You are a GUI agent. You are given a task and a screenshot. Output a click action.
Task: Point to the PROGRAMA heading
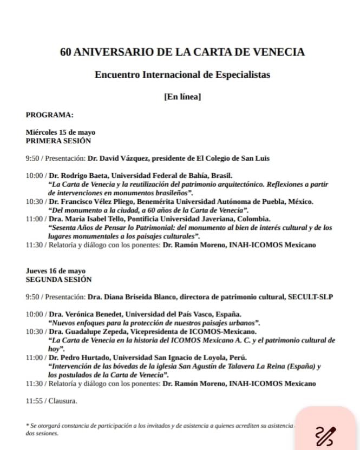(49, 115)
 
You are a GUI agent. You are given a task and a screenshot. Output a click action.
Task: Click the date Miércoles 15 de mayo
(61, 132)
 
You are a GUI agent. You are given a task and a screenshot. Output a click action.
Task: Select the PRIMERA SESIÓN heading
(58, 140)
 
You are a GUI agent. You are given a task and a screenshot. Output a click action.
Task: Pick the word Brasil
(220, 175)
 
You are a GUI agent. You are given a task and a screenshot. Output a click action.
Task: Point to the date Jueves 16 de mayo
(56, 270)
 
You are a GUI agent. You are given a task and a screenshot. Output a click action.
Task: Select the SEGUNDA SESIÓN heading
(58, 279)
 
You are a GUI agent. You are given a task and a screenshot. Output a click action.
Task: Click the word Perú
(235, 358)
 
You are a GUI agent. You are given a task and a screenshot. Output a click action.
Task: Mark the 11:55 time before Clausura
(34, 401)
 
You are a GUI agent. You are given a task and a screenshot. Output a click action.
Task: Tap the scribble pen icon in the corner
(325, 433)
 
